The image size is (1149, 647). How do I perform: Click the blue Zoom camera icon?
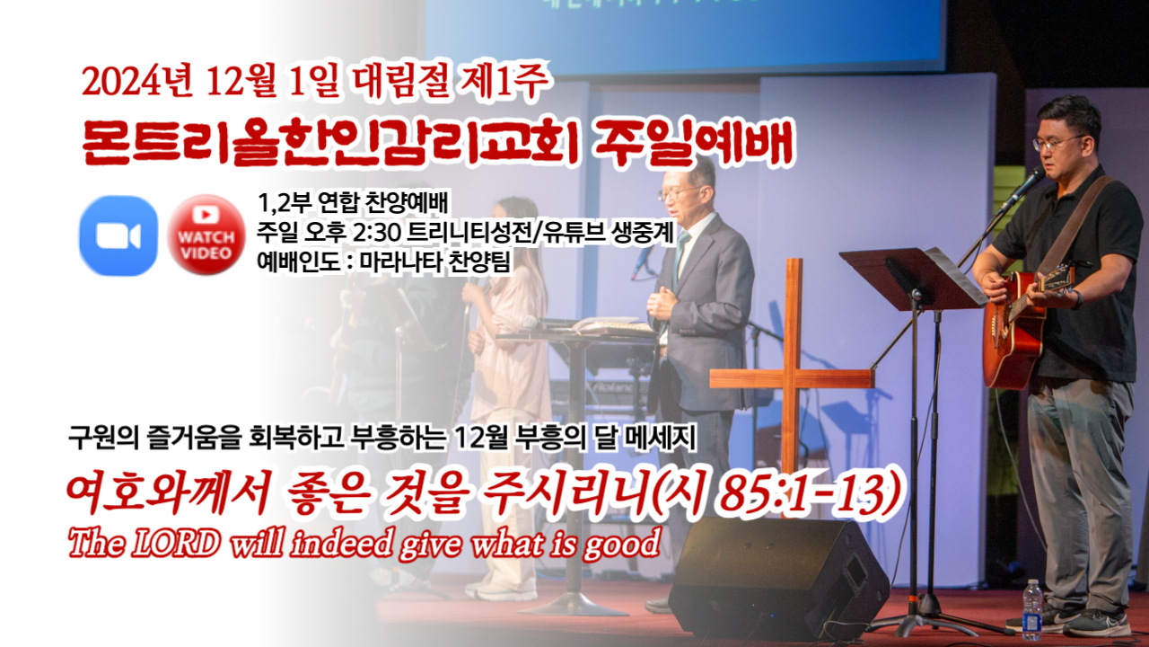[x=118, y=235]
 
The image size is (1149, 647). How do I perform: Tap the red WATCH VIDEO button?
[x=206, y=235]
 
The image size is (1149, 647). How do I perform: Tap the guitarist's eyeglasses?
[x=1057, y=142]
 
